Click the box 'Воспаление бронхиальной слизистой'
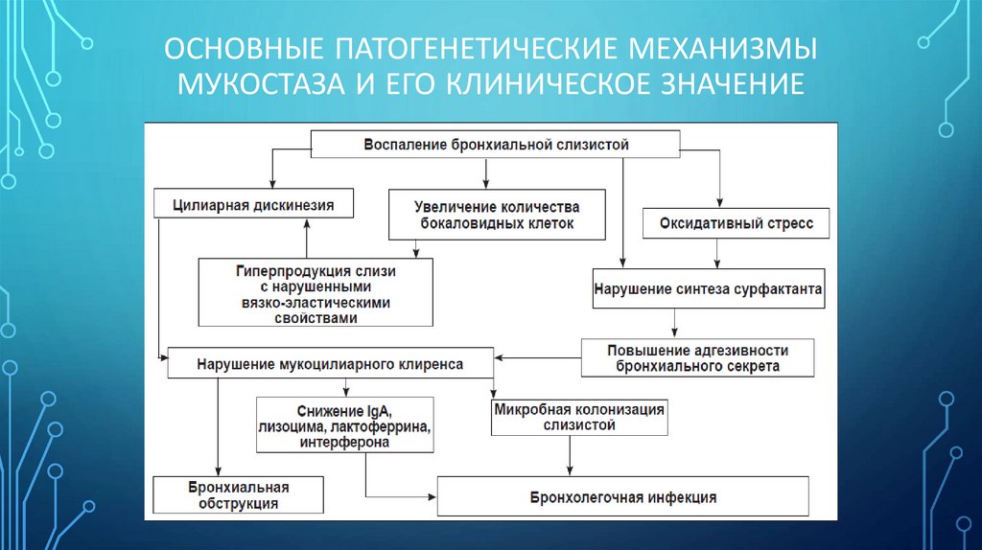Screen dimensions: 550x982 pos(496,145)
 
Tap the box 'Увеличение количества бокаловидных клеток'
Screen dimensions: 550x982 pos(496,215)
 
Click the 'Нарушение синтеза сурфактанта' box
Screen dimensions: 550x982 pos(709,287)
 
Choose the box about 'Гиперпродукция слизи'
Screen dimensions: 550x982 pos(316,293)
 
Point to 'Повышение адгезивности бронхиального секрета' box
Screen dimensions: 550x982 pos(697,357)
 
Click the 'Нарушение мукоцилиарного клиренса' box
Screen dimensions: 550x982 pos(330,365)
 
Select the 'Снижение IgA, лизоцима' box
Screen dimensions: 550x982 pos(343,423)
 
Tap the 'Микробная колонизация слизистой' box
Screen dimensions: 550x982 pos(579,416)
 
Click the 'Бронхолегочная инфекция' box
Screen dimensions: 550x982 pos(622,497)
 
